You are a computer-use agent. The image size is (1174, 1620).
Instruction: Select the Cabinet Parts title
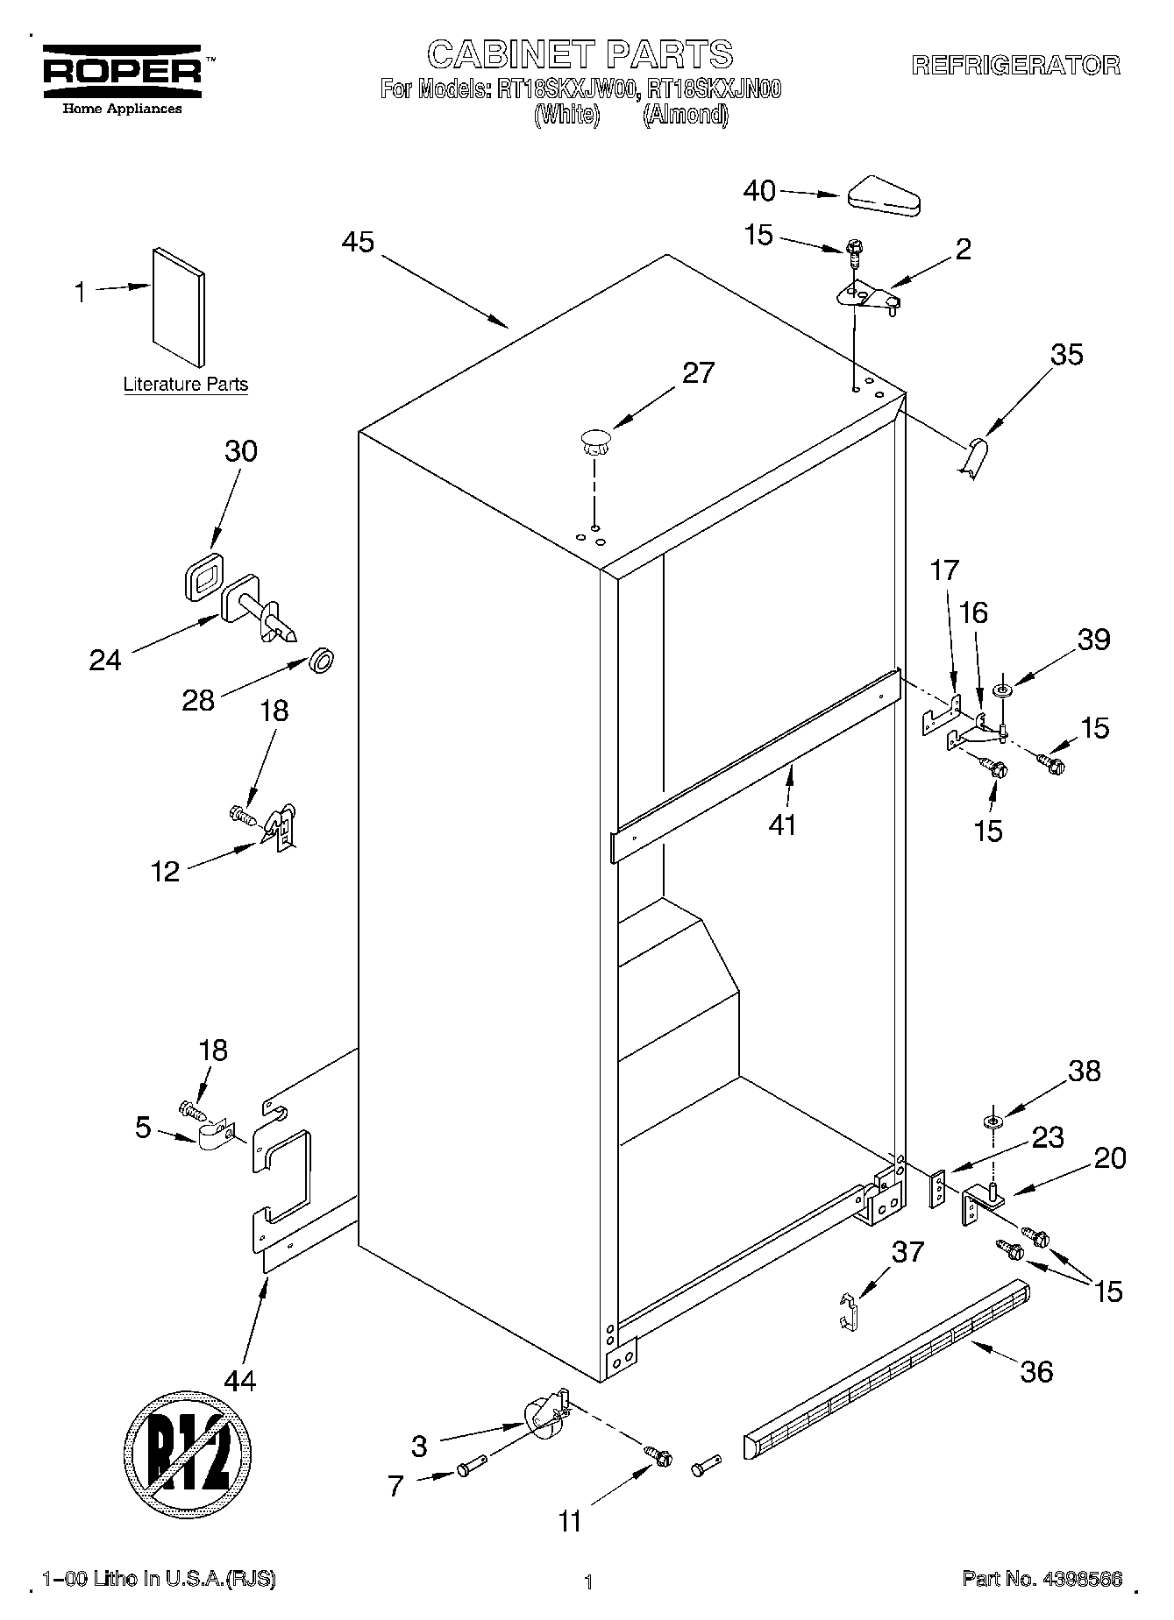(x=580, y=54)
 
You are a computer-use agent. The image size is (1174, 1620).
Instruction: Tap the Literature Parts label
(x=185, y=384)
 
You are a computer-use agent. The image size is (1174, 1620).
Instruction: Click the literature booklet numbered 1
(x=180, y=307)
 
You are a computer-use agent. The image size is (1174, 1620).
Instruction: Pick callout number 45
(x=358, y=243)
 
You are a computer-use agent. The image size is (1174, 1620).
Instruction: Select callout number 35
(x=1066, y=355)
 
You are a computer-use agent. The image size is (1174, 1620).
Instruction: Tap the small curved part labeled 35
(x=972, y=458)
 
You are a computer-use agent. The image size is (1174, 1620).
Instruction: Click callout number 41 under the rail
(x=782, y=824)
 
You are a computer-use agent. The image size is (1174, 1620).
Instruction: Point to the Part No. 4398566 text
(x=1042, y=1579)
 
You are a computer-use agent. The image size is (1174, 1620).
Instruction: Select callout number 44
(x=240, y=1382)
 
